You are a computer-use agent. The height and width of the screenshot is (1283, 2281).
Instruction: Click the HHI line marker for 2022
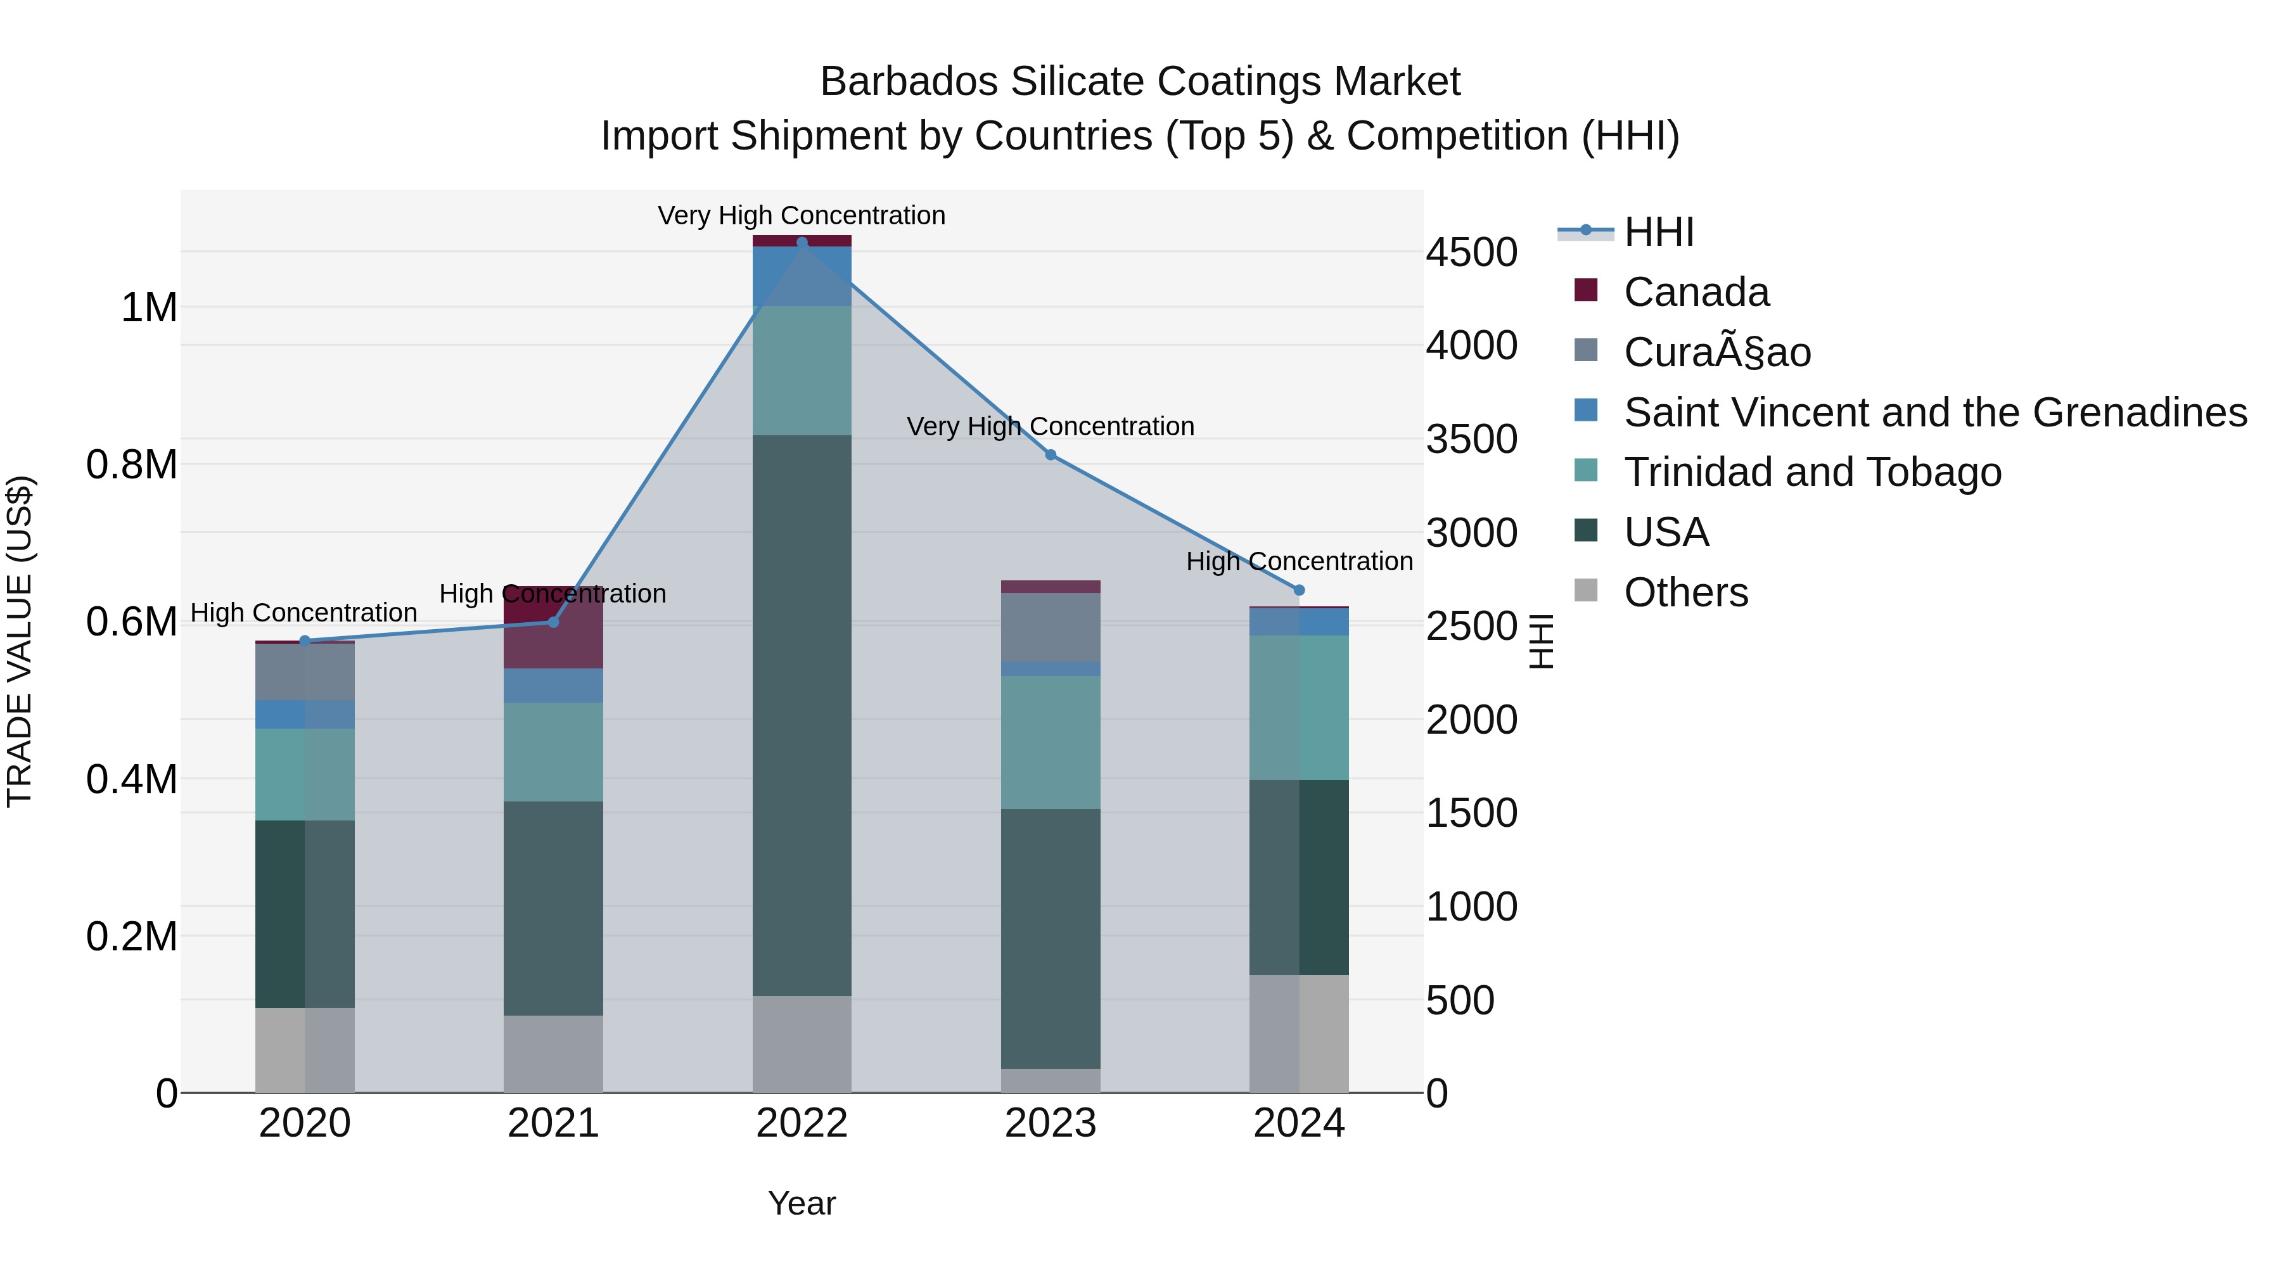coord(802,243)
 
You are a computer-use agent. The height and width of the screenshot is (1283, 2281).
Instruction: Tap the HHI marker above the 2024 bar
coord(1299,590)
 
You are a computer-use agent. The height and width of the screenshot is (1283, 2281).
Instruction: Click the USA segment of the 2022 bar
coord(802,715)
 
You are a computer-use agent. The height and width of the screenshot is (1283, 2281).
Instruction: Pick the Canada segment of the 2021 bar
coord(553,627)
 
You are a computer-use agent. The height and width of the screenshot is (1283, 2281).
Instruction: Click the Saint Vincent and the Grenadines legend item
coord(1935,412)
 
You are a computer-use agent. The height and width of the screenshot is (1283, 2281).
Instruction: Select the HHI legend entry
coord(1659,232)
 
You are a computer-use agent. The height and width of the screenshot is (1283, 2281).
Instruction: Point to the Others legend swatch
coord(1586,590)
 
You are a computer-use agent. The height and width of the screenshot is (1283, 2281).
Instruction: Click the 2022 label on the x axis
coord(802,1123)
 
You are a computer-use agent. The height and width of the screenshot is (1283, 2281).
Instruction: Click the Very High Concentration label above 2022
coord(802,215)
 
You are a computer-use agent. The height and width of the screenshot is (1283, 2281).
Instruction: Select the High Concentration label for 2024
coord(1299,561)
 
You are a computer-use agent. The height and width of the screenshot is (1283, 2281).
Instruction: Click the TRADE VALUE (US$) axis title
coord(20,641)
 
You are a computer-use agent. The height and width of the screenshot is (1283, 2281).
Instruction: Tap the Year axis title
coord(802,1203)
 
